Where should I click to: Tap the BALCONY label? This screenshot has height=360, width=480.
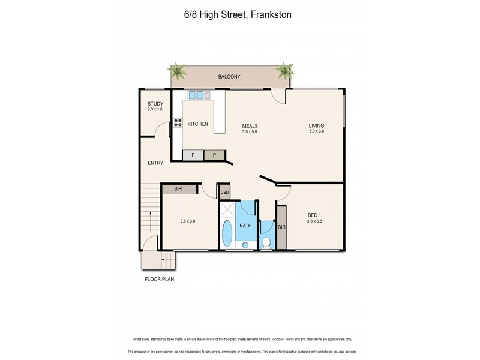pyautogui.click(x=229, y=77)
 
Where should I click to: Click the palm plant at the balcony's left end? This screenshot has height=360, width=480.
pyautogui.click(x=178, y=70)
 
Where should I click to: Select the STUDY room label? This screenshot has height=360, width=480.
pyautogui.click(x=155, y=104)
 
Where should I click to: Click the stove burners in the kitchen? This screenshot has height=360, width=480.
pyautogui.click(x=178, y=124)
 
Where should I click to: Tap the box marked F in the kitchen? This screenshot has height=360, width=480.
pyautogui.click(x=193, y=155)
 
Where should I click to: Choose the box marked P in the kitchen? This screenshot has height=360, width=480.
pyautogui.click(x=214, y=155)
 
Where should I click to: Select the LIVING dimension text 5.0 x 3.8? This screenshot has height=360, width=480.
pyautogui.click(x=316, y=131)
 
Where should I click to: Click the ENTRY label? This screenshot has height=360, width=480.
pyautogui.click(x=155, y=163)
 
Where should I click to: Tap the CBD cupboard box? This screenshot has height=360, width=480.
pyautogui.click(x=224, y=193)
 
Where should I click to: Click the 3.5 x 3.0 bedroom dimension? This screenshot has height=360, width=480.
pyautogui.click(x=187, y=221)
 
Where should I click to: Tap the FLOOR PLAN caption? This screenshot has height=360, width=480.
pyautogui.click(x=159, y=279)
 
